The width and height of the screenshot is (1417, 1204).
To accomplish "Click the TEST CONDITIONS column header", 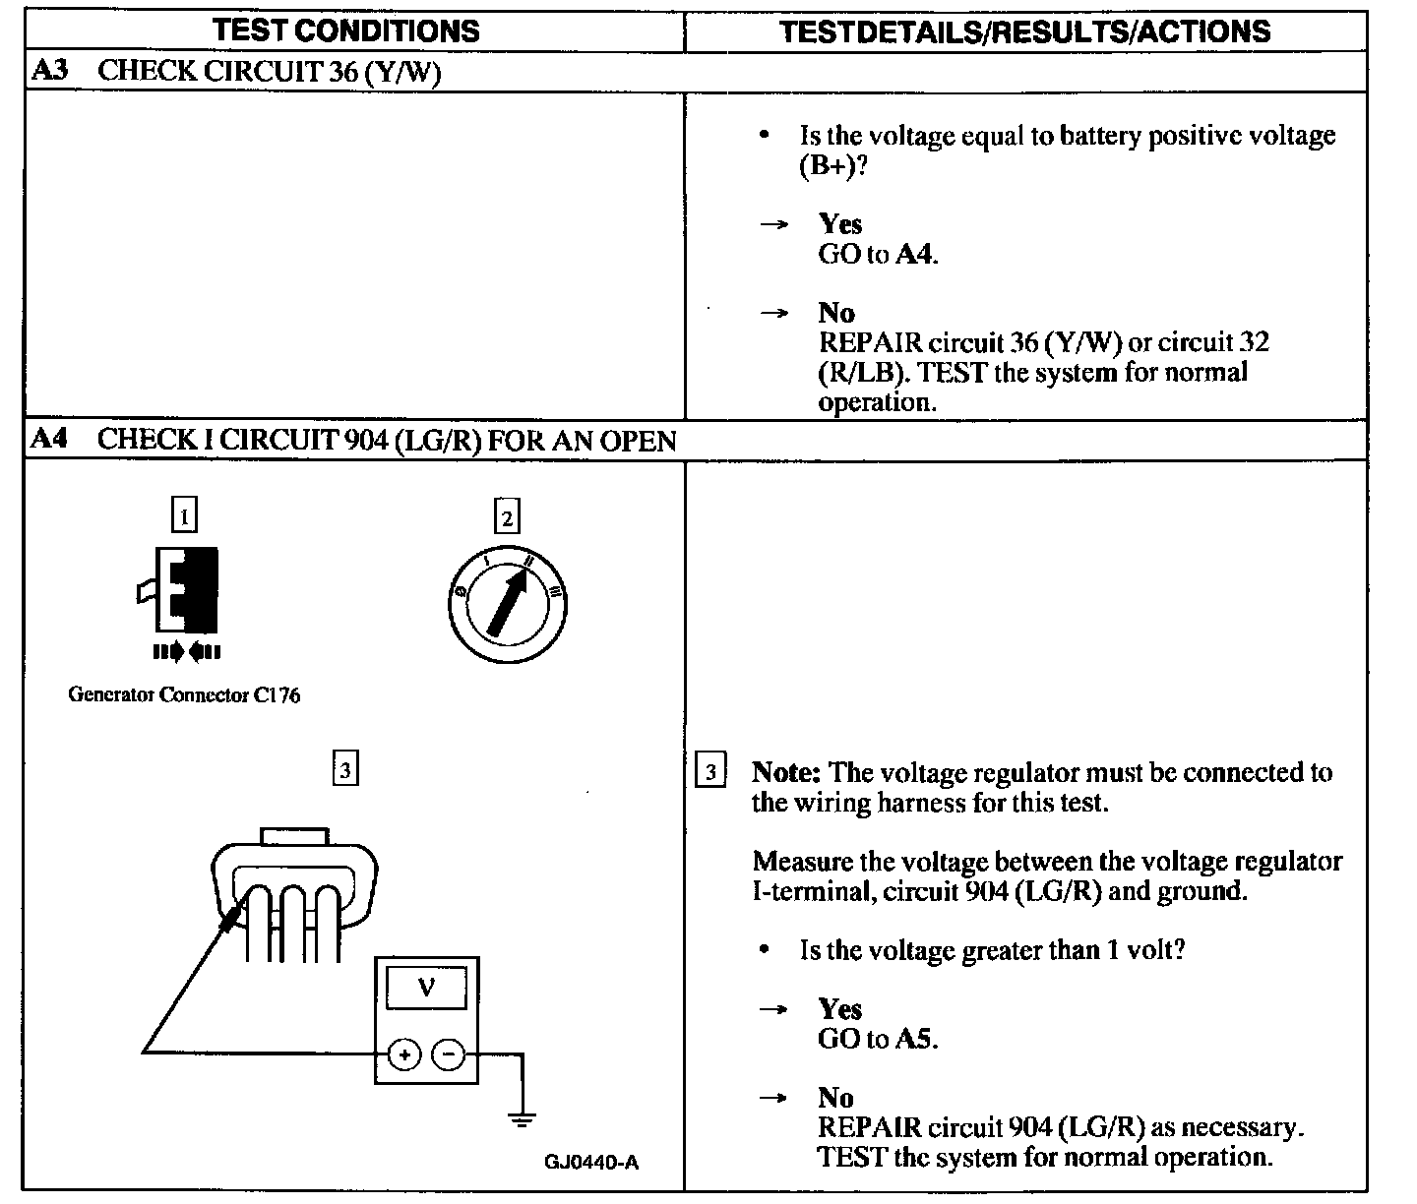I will [x=346, y=30].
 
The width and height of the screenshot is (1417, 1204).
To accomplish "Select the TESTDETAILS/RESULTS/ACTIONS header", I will [x=1024, y=31].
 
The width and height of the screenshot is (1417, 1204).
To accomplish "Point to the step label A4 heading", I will [x=48, y=439].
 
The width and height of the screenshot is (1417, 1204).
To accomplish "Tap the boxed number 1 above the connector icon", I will [x=184, y=515].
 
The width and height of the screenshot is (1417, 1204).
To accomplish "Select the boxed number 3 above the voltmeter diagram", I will [x=345, y=768].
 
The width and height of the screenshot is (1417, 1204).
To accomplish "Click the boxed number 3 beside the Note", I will [x=709, y=771].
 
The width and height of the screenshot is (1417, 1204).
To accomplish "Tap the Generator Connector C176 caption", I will [x=184, y=694].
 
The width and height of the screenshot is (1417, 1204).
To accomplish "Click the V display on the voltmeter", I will [x=426, y=986].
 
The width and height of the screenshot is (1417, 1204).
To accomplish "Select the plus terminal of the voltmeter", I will [x=403, y=1054].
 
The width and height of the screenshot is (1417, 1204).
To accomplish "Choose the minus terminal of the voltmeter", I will [x=449, y=1054].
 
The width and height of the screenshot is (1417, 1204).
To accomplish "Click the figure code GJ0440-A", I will [x=591, y=1162].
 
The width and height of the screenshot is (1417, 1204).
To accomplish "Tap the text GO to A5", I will [x=878, y=1038].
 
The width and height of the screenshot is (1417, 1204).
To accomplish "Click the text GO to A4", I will [x=878, y=254].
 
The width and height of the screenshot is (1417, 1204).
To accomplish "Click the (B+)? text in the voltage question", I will [x=832, y=165].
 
